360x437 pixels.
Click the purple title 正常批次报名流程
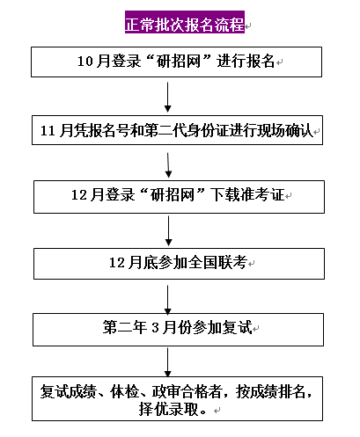coord(184,23)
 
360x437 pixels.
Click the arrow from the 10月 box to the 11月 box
coord(168,97)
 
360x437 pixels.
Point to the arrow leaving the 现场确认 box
coord(168,164)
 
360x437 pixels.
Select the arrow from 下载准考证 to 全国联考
coord(168,230)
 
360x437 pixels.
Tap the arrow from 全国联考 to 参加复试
coord(168,296)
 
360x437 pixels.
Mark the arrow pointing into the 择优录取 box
coord(168,363)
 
